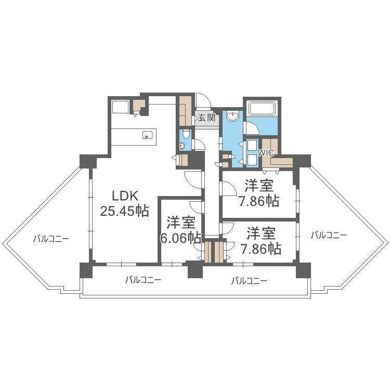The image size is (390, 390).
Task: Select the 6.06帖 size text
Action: (181, 238)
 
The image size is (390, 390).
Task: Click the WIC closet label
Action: (266, 153)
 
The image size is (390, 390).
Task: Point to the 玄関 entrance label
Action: (206, 118)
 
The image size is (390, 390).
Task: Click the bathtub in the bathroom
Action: (263, 109)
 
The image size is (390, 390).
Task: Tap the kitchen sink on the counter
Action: (148, 136)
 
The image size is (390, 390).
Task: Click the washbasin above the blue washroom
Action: (233, 115)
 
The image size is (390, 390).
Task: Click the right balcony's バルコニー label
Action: (329, 235)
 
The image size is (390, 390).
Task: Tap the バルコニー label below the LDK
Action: (143, 280)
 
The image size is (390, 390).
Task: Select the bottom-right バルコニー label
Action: (249, 281)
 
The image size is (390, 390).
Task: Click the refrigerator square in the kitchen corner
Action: (121, 107)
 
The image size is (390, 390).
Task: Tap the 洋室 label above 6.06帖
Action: (181, 223)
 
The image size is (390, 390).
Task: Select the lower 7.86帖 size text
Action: (261, 248)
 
